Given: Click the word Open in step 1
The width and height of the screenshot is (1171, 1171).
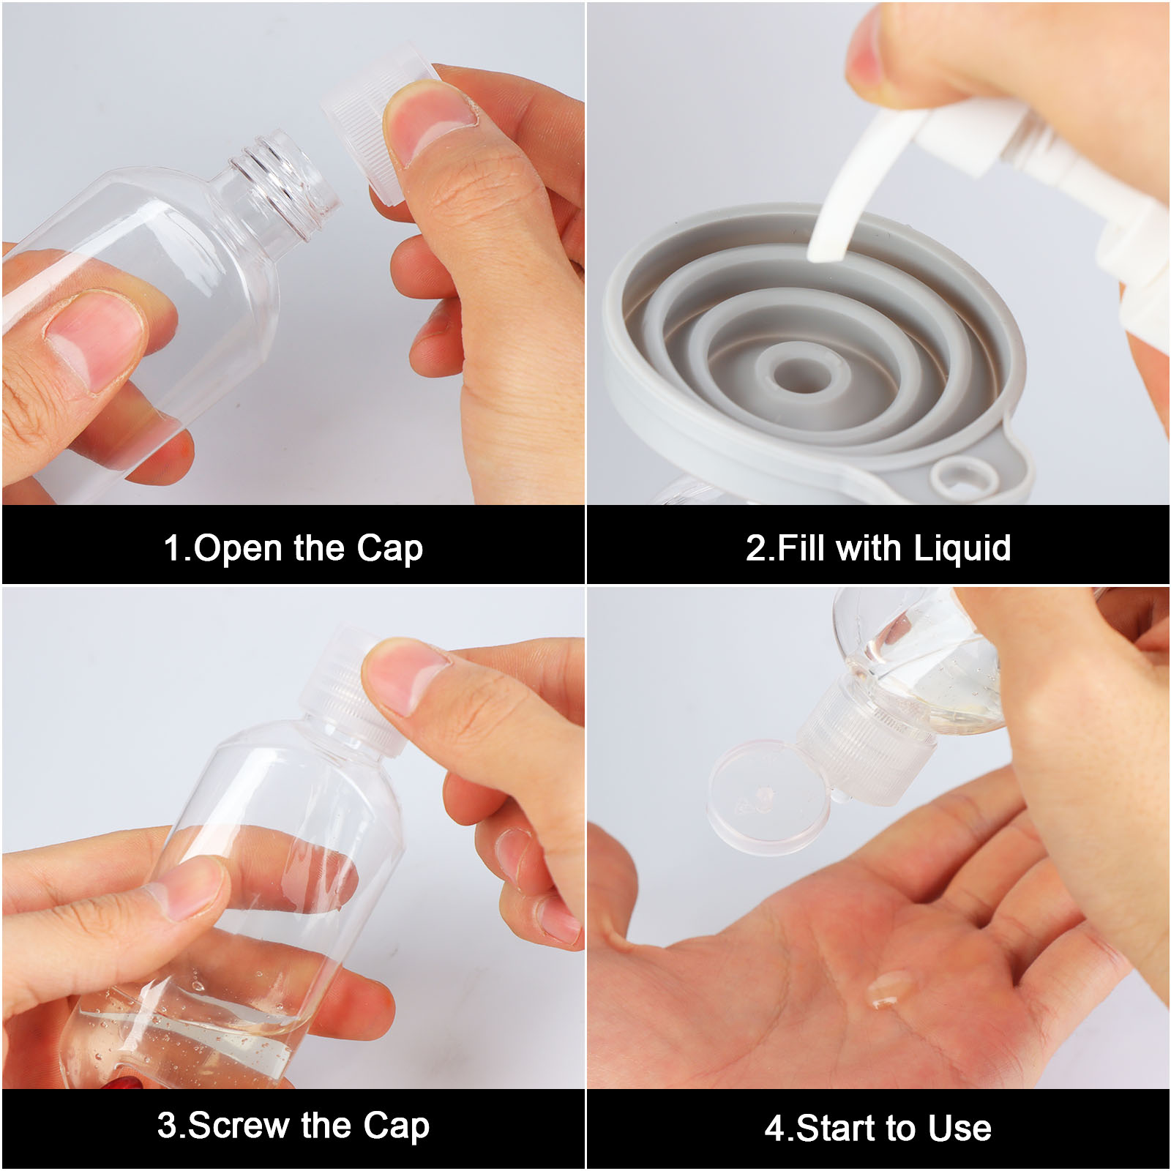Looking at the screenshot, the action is pos(237,548).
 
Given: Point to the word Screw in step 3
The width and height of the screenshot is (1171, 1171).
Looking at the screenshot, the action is pos(239,1125).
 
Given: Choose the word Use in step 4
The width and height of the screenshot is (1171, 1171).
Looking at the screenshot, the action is pos(959,1128).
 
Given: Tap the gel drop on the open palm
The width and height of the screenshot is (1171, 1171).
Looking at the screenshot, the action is pos(889,989).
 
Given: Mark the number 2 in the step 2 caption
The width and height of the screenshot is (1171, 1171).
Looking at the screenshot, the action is pos(756,548).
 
